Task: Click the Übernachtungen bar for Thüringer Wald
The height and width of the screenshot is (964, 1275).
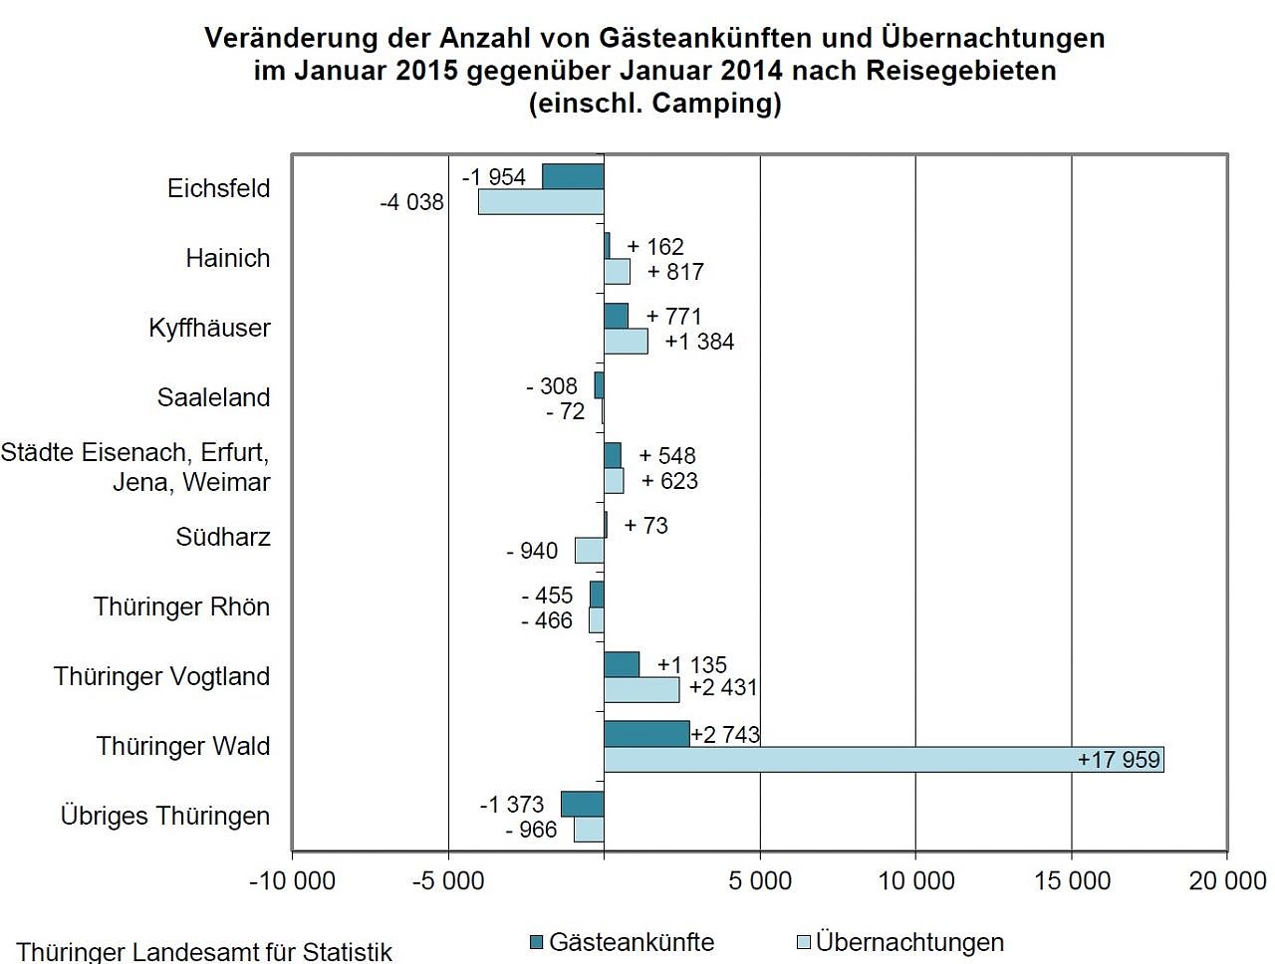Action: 883,760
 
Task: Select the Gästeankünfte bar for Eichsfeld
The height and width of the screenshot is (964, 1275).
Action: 573,176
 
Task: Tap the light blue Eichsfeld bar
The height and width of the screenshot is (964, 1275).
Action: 541,202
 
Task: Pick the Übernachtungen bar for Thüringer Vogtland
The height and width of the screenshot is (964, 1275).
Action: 641,689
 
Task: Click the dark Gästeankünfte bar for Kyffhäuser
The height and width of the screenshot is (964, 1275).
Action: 616,316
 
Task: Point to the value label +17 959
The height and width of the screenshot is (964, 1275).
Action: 1119,760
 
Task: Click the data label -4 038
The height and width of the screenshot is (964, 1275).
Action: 411,202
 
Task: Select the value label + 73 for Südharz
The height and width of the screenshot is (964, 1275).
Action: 645,525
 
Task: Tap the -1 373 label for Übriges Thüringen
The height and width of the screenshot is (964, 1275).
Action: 512,804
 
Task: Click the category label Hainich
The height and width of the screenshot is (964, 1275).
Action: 228,259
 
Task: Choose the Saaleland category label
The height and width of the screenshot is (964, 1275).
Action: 214,398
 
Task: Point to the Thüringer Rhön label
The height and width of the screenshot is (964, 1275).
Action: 181,607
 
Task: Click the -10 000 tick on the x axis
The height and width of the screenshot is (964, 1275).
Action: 292,880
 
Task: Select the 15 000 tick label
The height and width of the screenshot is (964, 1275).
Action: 1072,880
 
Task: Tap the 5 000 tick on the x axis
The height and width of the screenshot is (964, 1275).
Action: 760,880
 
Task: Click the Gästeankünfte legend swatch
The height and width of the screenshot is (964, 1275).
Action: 537,942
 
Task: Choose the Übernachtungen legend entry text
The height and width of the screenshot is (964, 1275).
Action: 909,942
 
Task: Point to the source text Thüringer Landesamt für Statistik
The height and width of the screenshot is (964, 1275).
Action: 204,952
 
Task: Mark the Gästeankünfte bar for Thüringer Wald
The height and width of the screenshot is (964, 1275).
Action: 646,734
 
